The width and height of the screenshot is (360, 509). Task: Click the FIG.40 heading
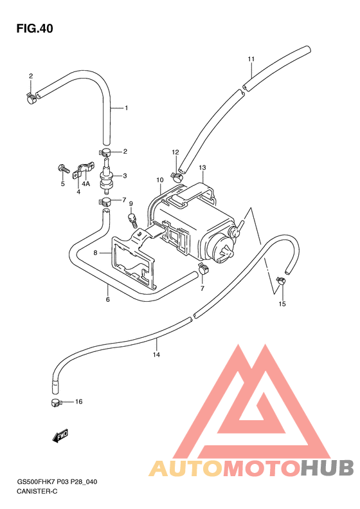(x=35, y=28)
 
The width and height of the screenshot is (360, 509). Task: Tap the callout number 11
(x=251, y=59)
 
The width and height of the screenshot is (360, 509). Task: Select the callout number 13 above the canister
(x=203, y=168)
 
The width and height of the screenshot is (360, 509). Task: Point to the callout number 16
(x=79, y=402)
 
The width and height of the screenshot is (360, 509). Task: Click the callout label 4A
(x=85, y=184)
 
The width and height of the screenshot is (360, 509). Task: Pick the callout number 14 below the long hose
(x=156, y=355)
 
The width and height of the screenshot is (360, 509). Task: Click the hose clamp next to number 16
(x=56, y=403)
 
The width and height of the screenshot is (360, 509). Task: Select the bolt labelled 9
(x=132, y=220)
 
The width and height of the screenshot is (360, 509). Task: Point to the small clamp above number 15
(x=280, y=280)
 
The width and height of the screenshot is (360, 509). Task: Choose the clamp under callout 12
(x=176, y=176)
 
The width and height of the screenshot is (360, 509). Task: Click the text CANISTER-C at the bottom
(x=37, y=491)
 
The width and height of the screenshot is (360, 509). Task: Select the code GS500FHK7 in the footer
(x=37, y=482)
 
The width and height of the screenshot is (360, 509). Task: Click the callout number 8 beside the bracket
(x=95, y=252)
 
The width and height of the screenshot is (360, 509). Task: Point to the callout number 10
(x=160, y=180)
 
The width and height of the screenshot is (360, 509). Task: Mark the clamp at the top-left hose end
(x=32, y=98)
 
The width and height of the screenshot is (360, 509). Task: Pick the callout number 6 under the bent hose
(x=107, y=299)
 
